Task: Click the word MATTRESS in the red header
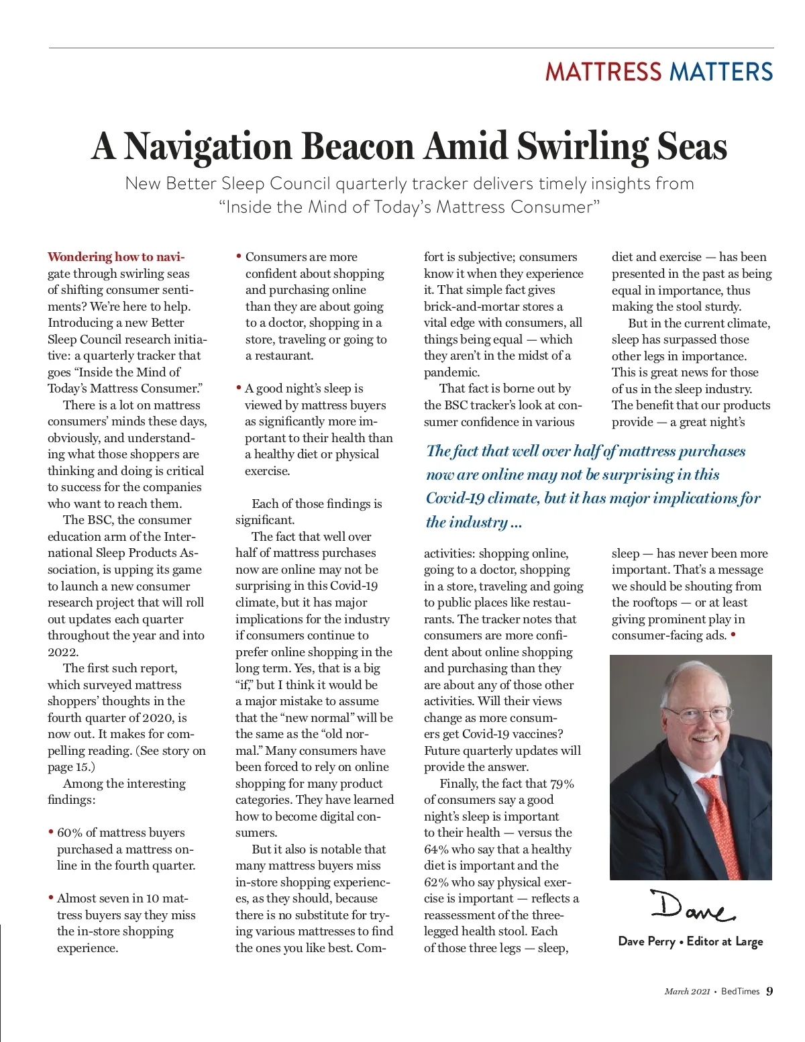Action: pos(602,72)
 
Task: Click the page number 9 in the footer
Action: pos(769,991)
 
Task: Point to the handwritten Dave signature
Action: pos(692,907)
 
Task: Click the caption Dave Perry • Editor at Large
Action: pos(690,941)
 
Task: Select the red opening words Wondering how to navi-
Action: pos(116,257)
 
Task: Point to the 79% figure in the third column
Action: pos(561,784)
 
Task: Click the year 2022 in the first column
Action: pos(62,652)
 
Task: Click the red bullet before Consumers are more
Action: pos(239,256)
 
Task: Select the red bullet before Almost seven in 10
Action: pos(51,898)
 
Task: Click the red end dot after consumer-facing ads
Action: pos(733,634)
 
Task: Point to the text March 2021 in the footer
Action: pos(687,992)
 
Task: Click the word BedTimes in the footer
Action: pos(740,992)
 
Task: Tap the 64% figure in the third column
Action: pos(436,849)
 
